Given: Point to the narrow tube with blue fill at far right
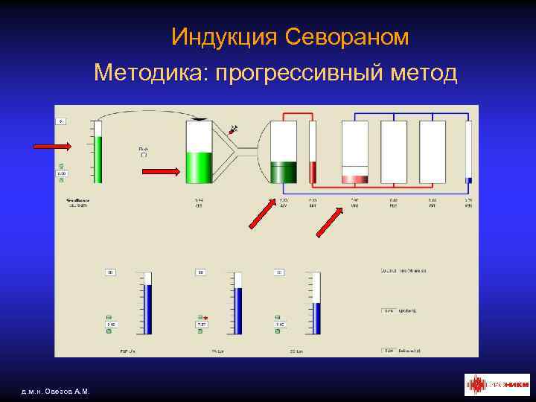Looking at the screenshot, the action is [x=468, y=153].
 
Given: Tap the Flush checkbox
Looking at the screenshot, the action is [x=144, y=155].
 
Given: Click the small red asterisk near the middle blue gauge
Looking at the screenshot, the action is [x=205, y=318].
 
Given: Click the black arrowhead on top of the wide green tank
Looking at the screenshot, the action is [x=200, y=118].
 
